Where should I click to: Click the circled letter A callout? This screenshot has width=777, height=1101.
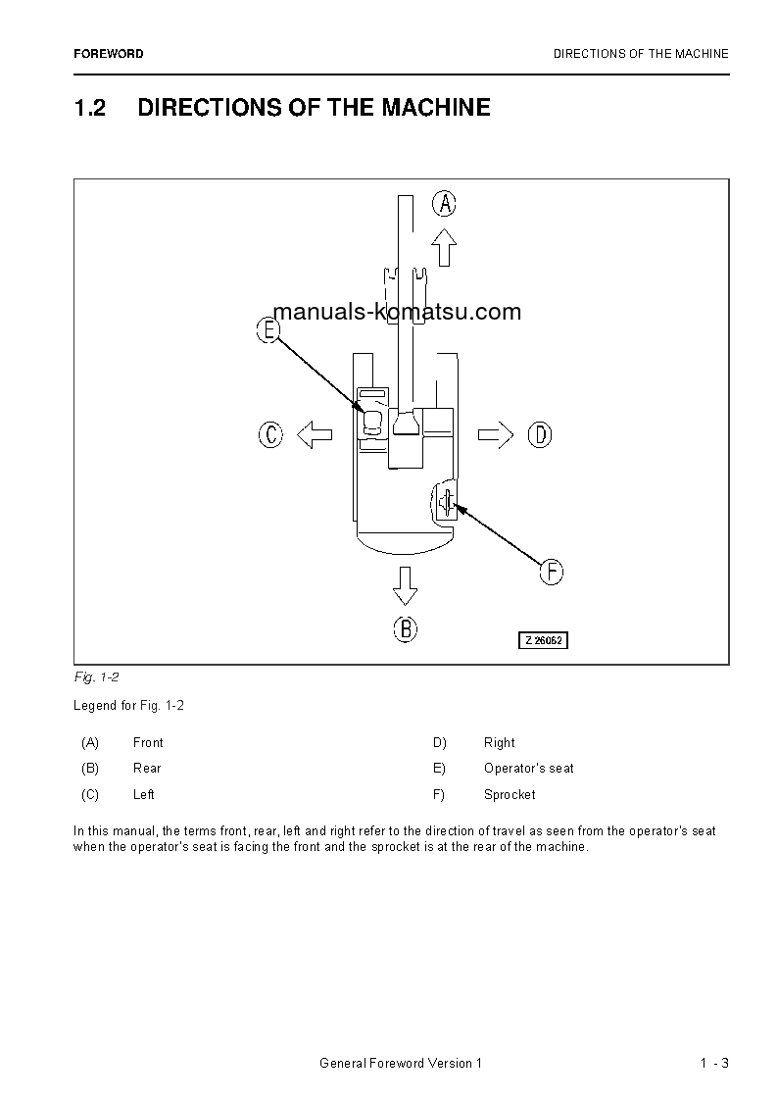(x=445, y=204)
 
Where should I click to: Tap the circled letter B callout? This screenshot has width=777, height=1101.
(x=406, y=628)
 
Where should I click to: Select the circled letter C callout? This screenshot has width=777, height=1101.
(x=270, y=434)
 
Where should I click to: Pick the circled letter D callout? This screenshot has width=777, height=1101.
(x=540, y=434)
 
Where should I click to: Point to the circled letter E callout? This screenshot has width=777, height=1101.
(x=268, y=329)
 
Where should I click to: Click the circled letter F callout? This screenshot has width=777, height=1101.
(x=552, y=572)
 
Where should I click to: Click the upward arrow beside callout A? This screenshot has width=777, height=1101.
(x=445, y=248)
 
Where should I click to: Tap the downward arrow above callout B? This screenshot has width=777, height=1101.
(x=405, y=584)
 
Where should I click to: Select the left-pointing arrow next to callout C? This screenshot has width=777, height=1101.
(x=314, y=434)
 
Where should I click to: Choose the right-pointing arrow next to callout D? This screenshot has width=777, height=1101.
(x=496, y=434)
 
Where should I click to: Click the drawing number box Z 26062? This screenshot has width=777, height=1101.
(x=543, y=640)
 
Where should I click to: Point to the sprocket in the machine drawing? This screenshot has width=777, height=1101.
(x=447, y=503)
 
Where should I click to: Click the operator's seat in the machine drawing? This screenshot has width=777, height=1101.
(x=373, y=423)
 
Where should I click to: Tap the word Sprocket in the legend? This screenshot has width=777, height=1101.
(x=510, y=794)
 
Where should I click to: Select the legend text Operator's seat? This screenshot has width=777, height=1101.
(x=529, y=768)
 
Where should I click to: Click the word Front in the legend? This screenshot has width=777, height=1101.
(x=148, y=742)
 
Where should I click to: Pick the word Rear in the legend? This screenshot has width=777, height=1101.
(x=147, y=768)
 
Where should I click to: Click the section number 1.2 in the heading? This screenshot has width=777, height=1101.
(x=90, y=108)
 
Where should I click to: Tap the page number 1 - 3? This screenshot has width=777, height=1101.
(x=714, y=1064)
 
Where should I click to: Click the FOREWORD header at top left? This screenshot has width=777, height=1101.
(x=108, y=54)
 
